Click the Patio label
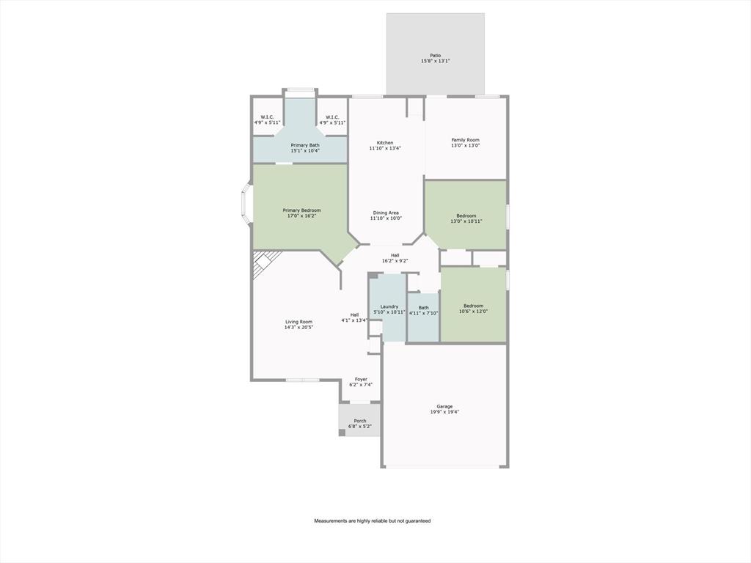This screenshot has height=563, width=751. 435,56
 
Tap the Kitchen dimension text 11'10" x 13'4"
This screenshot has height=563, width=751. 385,148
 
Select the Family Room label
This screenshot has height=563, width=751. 465,140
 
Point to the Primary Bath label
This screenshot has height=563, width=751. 305,145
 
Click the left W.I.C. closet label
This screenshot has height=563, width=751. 267,117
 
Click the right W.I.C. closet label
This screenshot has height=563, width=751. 331,117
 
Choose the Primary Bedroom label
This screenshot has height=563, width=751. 301,210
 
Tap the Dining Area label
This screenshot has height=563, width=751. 385,213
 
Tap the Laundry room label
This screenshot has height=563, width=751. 389,306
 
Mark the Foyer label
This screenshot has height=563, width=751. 361,380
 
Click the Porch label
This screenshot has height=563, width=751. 359,421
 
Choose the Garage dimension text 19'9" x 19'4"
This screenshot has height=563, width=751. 444,412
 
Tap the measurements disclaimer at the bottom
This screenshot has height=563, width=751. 373,520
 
